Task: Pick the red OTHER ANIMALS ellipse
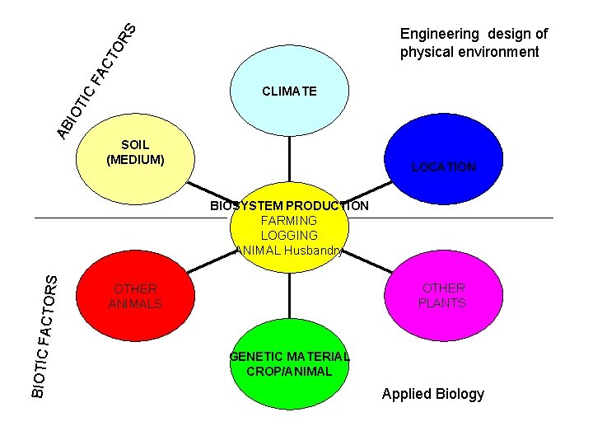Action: (x=132, y=297)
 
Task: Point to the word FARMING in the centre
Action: (x=288, y=221)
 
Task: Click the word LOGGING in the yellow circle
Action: (x=288, y=235)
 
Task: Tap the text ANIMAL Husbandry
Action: (x=289, y=250)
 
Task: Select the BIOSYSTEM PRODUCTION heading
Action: (x=289, y=206)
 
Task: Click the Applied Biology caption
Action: (x=433, y=394)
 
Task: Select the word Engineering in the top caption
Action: (x=439, y=34)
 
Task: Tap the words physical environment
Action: (x=469, y=53)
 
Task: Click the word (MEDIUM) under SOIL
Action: (x=135, y=159)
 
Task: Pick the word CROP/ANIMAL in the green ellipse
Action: (x=289, y=372)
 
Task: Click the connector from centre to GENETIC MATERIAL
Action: (x=289, y=293)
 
